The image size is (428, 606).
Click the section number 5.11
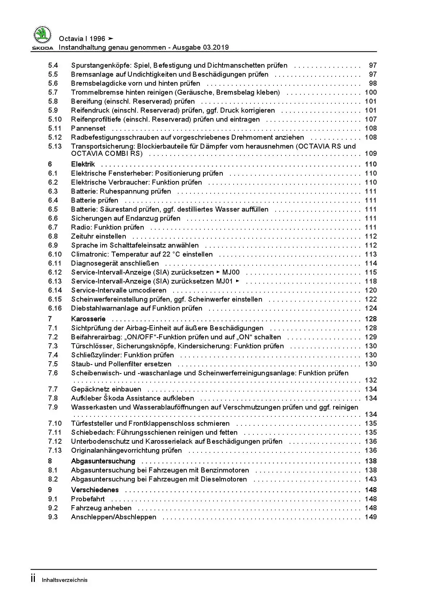coord(55,128)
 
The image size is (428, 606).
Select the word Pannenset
coord(88,128)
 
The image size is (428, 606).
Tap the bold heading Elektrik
coord(83,164)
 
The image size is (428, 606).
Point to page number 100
coord(371,92)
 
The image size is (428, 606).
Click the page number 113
coord(371,254)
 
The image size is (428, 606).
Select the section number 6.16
coord(55,308)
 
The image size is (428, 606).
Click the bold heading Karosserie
coord(88,319)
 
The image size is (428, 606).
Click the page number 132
coord(371,380)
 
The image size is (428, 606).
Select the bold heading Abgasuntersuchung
coord(103,461)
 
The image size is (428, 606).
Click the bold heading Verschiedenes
coord(95,490)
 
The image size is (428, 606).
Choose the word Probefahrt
coord(88,499)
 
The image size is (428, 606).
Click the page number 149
coord(371,517)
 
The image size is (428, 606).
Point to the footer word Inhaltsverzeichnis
coord(65,580)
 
